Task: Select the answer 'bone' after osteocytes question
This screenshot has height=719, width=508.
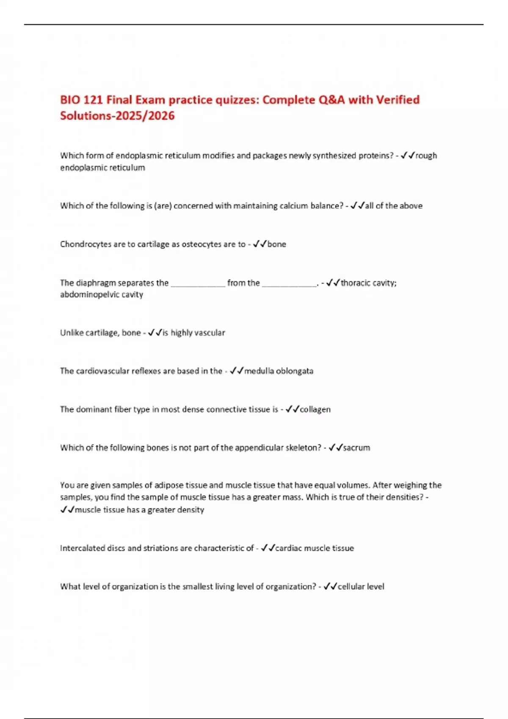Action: pyautogui.click(x=277, y=244)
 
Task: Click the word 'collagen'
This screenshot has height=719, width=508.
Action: pyautogui.click(x=315, y=409)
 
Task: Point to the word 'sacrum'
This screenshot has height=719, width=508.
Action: pyautogui.click(x=356, y=447)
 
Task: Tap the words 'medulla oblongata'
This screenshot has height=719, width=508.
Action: pyautogui.click(x=279, y=371)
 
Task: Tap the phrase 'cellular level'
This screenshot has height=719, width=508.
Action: pyautogui.click(x=361, y=587)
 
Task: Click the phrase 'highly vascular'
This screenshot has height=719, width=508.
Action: pyautogui.click(x=198, y=333)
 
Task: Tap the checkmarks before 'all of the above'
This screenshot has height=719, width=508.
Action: pyautogui.click(x=358, y=206)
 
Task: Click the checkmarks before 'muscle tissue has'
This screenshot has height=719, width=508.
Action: pyautogui.click(x=67, y=510)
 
